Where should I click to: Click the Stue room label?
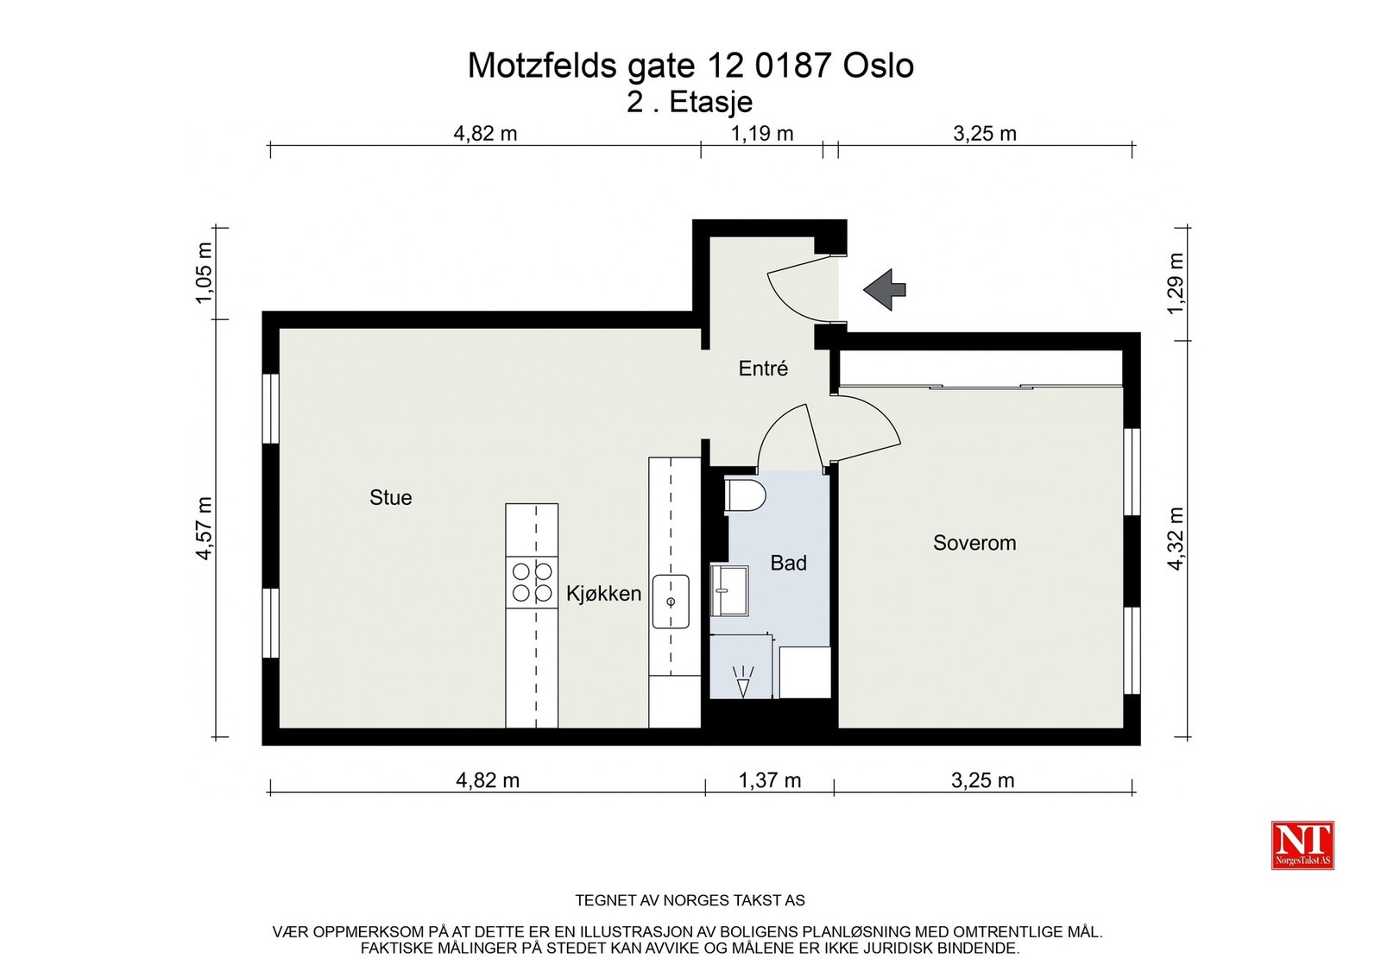point(390,497)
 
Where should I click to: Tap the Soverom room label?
point(974,543)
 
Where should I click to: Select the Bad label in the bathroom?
point(788,563)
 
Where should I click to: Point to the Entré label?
point(763,369)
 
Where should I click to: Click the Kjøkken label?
point(603,594)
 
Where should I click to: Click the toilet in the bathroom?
point(746,495)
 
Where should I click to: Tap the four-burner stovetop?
point(532,582)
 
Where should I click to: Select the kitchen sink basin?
point(671,602)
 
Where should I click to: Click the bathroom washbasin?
point(729,590)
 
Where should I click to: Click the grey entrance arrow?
point(885,289)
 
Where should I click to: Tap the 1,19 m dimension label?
point(761,134)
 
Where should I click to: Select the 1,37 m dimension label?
point(769,780)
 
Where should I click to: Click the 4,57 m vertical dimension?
point(205,528)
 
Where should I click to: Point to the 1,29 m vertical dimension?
point(1176,283)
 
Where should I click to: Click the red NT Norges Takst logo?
point(1302,844)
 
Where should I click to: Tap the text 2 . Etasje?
point(690,102)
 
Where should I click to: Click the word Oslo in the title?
point(878,66)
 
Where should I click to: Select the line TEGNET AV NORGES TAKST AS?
point(690,900)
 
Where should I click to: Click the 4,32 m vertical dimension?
point(1176,539)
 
